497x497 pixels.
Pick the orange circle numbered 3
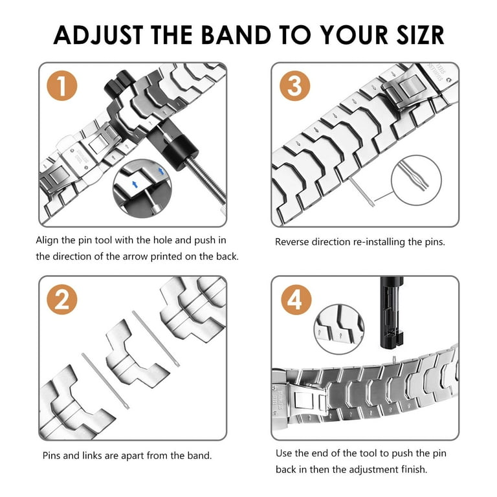[294, 86]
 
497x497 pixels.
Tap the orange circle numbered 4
[294, 299]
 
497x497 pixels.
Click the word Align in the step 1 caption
[48, 240]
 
